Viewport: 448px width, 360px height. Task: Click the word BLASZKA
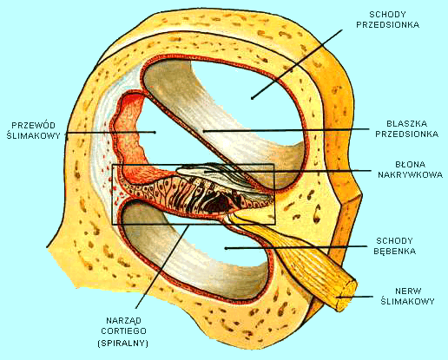(x=400, y=123)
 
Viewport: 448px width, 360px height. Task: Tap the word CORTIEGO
(x=127, y=331)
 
